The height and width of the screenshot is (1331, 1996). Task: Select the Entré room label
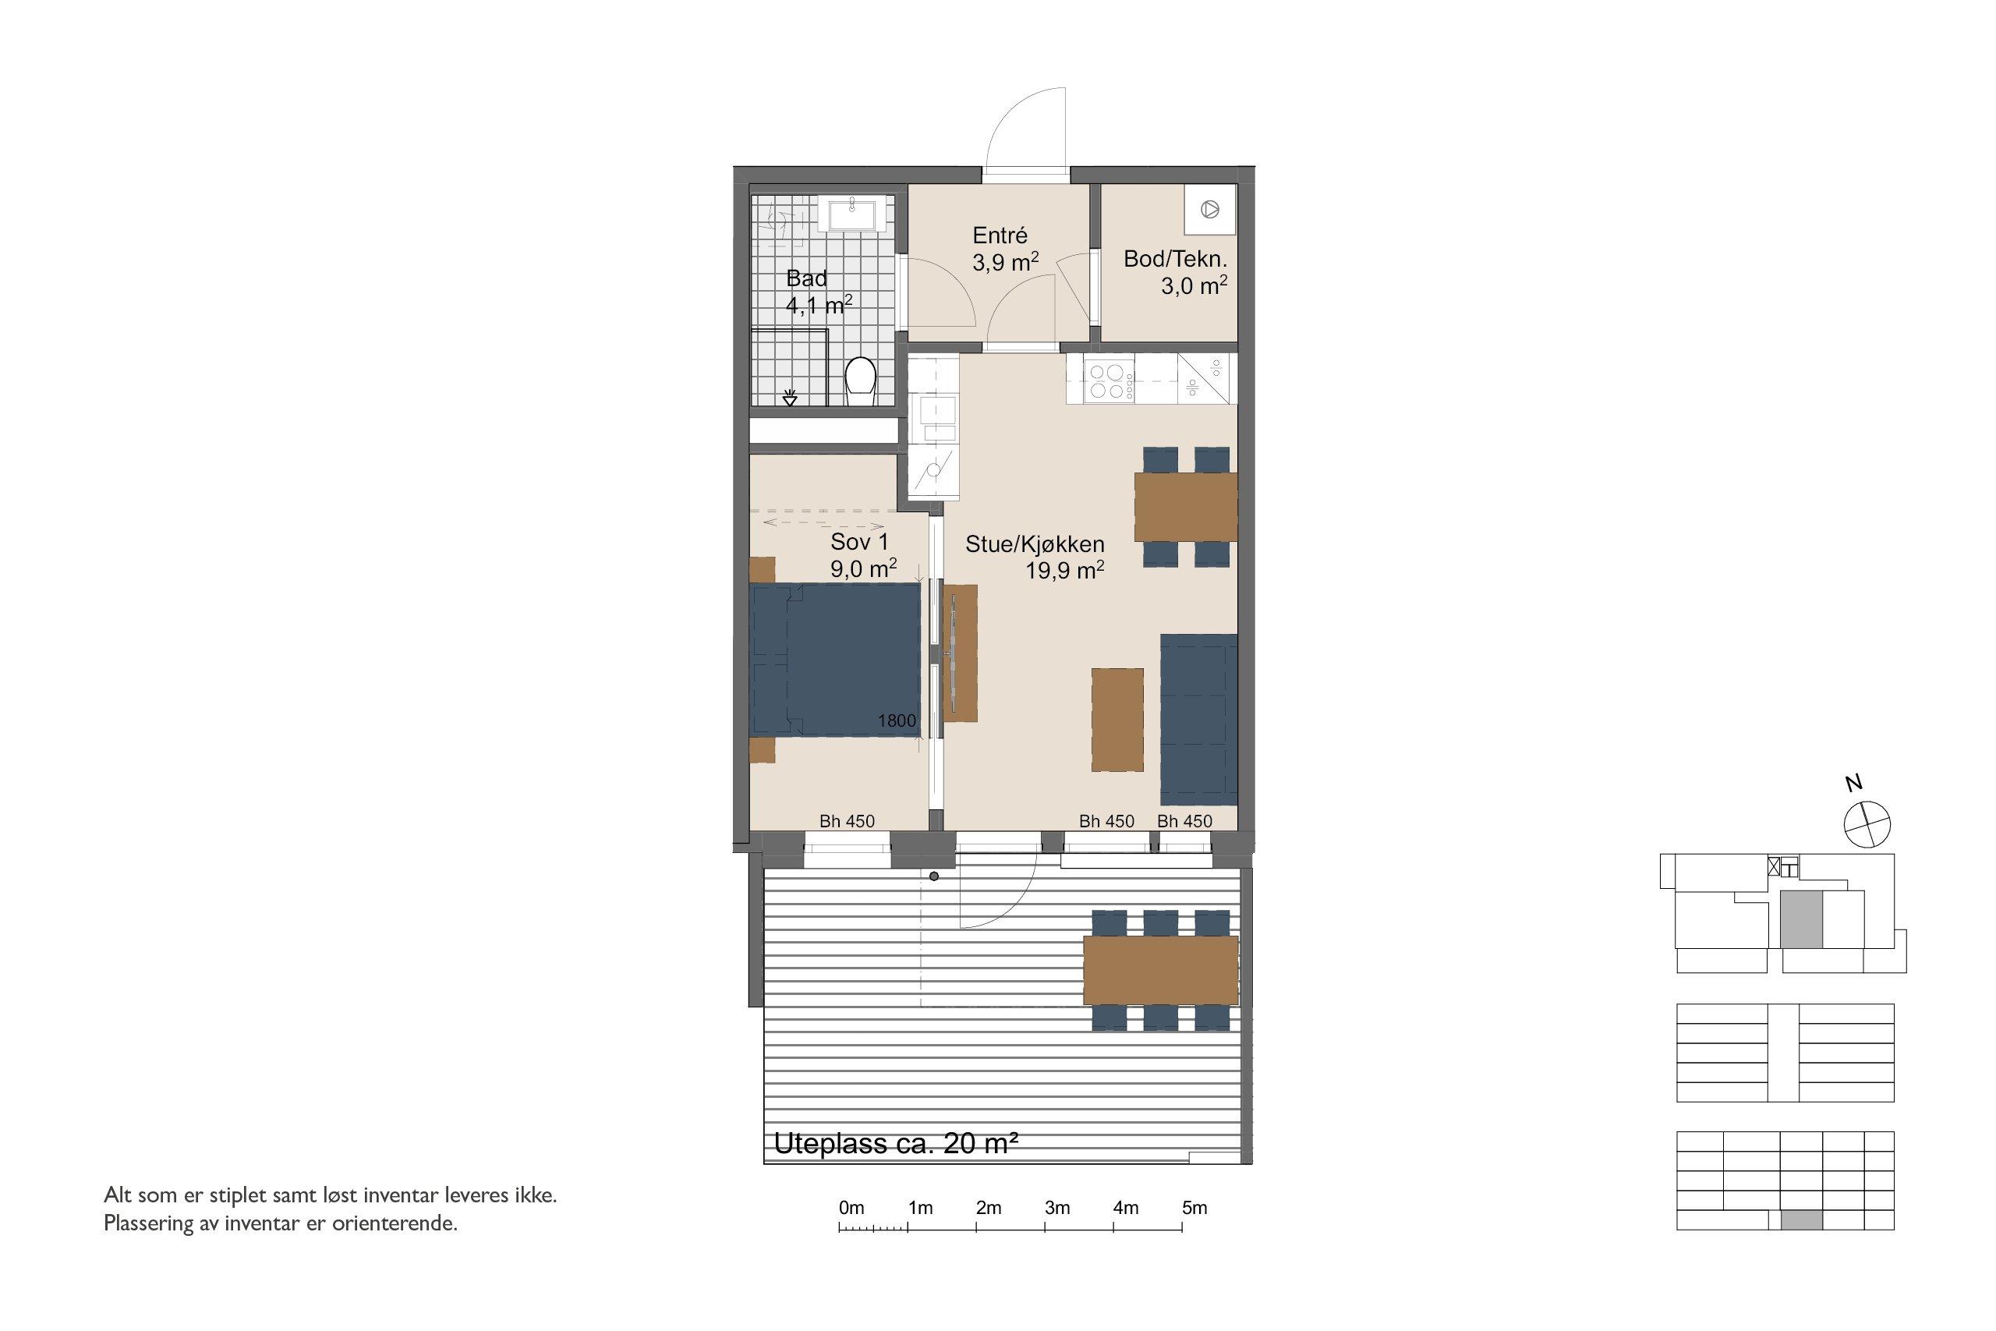click(1000, 236)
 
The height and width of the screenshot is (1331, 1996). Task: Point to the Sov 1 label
click(860, 542)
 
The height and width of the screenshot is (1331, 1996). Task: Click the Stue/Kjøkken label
click(1035, 544)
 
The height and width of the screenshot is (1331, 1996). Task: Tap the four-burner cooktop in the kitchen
click(1108, 381)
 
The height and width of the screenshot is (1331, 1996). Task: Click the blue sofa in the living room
click(1198, 719)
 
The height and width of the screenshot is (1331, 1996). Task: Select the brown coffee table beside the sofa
click(1117, 720)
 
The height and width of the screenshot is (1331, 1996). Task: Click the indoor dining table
click(1186, 507)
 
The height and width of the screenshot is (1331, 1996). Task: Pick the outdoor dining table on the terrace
click(1160, 969)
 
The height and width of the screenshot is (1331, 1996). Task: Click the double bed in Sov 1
click(835, 659)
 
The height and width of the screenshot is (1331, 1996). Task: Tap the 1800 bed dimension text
click(896, 720)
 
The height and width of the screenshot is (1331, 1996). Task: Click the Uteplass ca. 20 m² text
click(895, 1143)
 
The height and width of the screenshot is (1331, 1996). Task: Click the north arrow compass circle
click(1868, 823)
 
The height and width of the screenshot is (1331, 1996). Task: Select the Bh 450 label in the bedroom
click(846, 821)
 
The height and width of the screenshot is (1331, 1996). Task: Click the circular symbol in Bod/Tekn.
click(1210, 209)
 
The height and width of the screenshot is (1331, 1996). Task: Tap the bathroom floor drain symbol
click(790, 395)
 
